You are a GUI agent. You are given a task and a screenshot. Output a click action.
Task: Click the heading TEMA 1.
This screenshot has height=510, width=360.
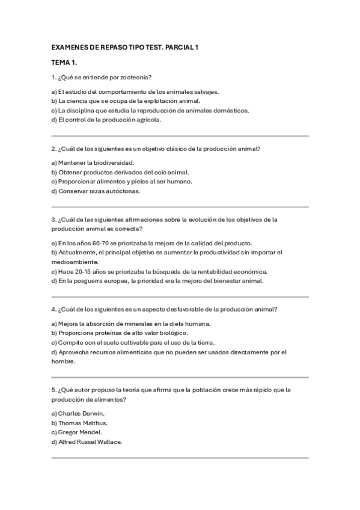coord(64,62)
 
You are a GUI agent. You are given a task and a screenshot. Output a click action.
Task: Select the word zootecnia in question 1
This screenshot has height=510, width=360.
coord(136,77)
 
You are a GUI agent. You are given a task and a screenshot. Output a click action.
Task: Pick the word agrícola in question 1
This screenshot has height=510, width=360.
coord(148,120)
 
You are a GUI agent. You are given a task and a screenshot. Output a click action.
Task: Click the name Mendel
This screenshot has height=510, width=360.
coord(90,432)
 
